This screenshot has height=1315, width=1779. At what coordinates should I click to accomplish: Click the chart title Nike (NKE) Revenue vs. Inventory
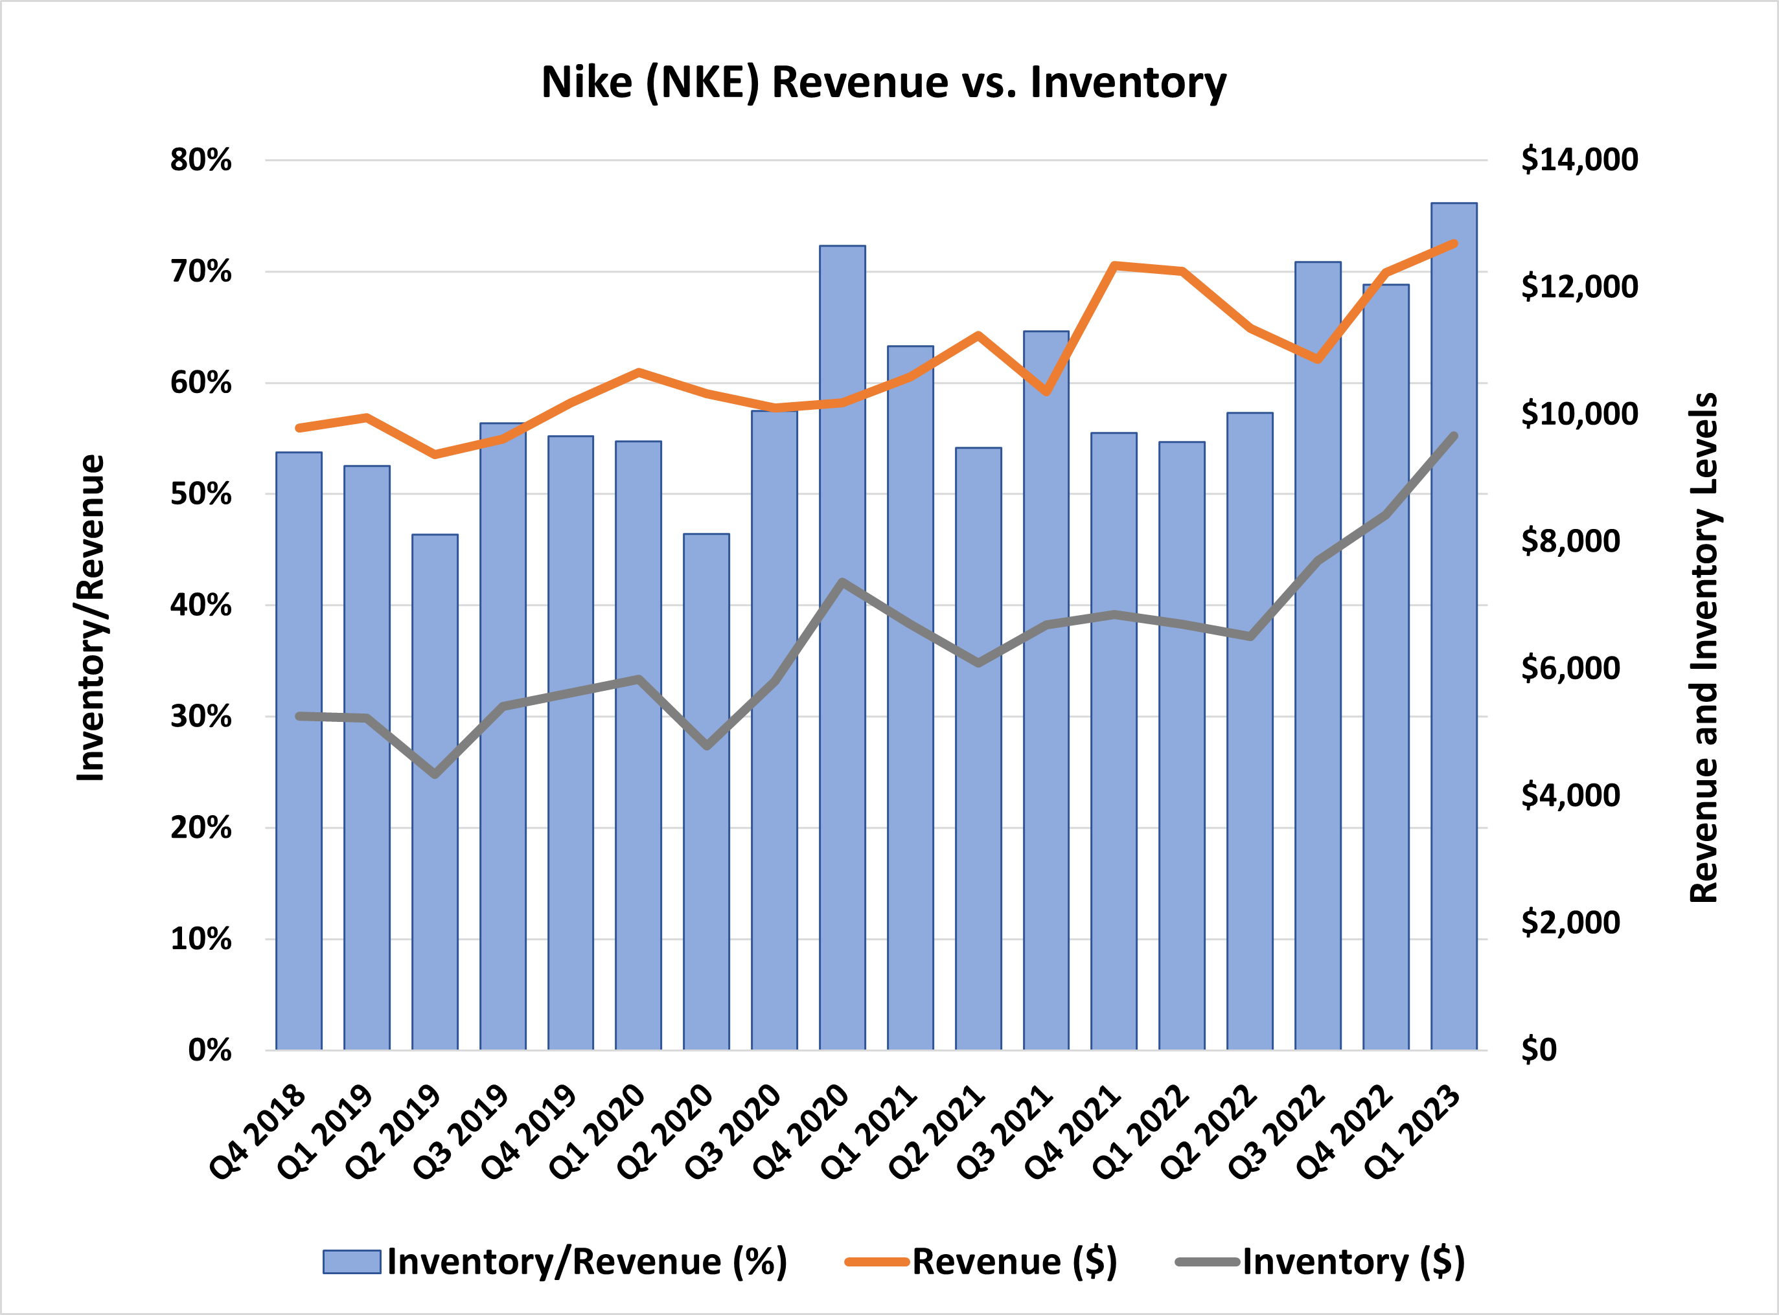tap(883, 83)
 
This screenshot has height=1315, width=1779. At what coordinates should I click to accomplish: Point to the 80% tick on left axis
tap(201, 160)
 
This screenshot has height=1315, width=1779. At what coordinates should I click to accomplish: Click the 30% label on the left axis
tap(201, 716)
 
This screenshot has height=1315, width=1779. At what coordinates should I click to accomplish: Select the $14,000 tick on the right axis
tap(1578, 160)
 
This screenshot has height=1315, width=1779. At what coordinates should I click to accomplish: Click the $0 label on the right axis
tap(1539, 1050)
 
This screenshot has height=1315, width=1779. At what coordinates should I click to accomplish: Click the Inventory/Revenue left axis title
tap(91, 618)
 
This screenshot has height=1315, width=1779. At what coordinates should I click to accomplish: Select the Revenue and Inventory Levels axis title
tap(1703, 648)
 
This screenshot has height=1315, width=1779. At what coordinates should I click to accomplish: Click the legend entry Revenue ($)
tap(1014, 1262)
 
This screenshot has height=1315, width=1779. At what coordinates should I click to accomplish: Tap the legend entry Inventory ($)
tap(1353, 1262)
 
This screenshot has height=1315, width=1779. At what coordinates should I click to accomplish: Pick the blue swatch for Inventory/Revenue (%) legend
tap(351, 1262)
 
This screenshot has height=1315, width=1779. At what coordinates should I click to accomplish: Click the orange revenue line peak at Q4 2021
tap(1114, 265)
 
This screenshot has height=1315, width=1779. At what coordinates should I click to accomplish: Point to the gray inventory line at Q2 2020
tap(706, 746)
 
